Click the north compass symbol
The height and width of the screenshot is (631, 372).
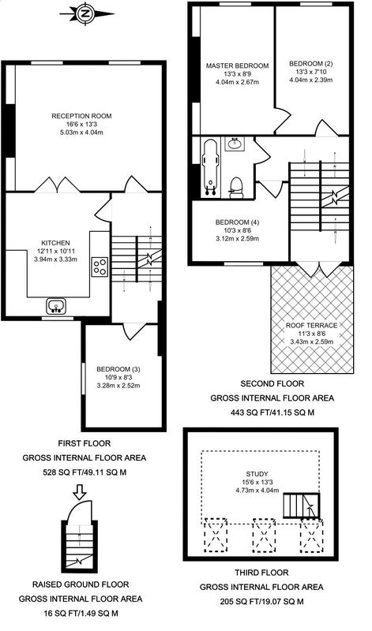87,13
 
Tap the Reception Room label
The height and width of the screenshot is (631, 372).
82,116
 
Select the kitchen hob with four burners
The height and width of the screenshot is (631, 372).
100,267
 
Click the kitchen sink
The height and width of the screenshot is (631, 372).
56,306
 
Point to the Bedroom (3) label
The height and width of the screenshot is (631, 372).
118,369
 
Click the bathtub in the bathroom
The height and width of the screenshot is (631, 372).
210,168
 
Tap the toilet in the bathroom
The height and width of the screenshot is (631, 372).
236,189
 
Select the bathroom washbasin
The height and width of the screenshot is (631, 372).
234,144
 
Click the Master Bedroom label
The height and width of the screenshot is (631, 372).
238,65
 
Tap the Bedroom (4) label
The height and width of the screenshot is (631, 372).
238,222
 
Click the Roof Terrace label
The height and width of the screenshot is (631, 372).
312,326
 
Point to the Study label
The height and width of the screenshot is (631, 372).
257,474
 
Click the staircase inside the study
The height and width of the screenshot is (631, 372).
302,506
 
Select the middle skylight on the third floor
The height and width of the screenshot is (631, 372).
264,536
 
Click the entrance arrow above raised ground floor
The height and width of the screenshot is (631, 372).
80,491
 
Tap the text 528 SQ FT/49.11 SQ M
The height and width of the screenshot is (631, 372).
85,472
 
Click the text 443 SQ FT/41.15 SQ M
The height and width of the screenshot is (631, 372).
272,413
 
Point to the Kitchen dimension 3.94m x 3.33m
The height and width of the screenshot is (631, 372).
56,259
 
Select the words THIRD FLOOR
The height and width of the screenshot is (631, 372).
262,573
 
